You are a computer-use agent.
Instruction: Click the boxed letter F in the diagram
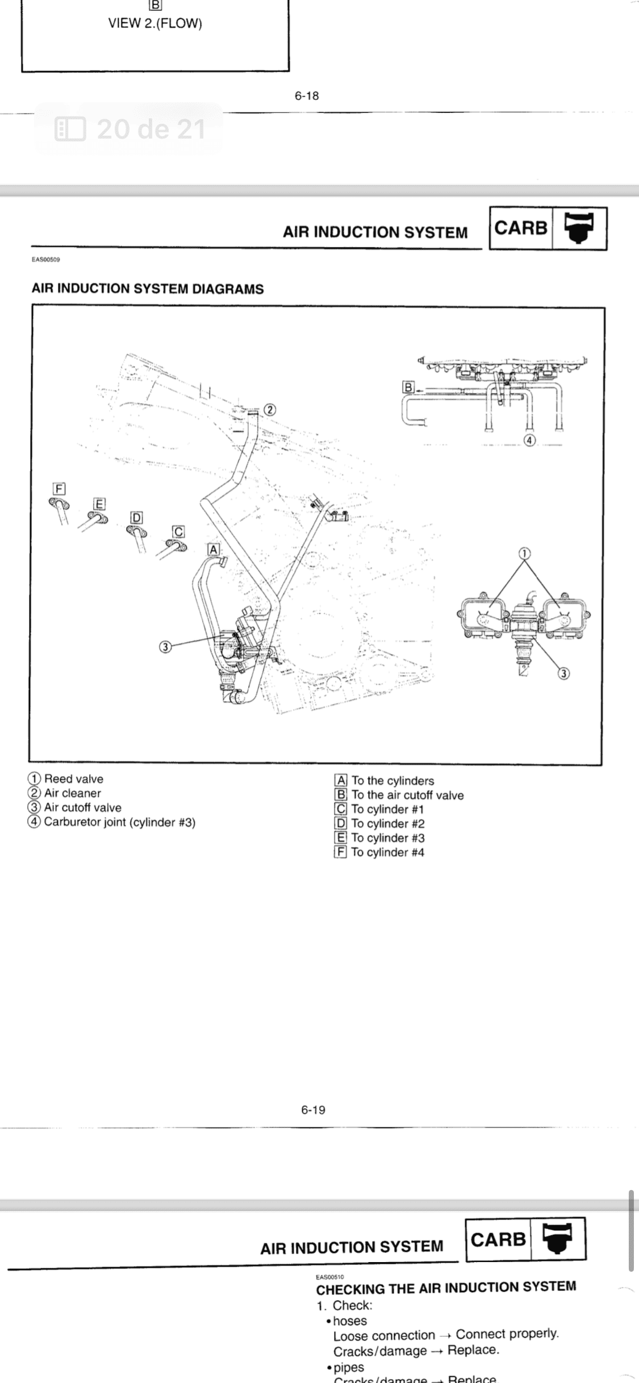pyautogui.click(x=59, y=489)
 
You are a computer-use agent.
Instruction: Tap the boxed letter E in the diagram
pyautogui.click(x=100, y=504)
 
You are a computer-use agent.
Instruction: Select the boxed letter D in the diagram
pyautogui.click(x=137, y=518)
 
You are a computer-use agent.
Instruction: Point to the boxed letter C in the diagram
pyautogui.click(x=178, y=532)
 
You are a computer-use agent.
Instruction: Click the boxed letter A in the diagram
pyautogui.click(x=214, y=550)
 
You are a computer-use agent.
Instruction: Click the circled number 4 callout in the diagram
pyautogui.click(x=529, y=440)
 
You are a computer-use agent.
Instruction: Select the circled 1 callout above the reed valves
pyautogui.click(x=525, y=553)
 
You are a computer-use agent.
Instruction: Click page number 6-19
pyautogui.click(x=313, y=1109)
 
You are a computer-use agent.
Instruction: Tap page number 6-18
pyautogui.click(x=307, y=96)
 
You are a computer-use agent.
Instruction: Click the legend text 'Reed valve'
pyautogui.click(x=73, y=779)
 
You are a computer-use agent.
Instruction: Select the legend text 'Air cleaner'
pyautogui.click(x=72, y=793)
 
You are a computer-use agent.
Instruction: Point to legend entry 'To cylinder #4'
pyautogui.click(x=387, y=852)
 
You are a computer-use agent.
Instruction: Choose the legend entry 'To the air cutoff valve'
pyautogui.click(x=407, y=795)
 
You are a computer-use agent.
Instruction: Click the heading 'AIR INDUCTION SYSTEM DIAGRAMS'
pyautogui.click(x=148, y=289)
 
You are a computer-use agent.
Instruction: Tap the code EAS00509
pyautogui.click(x=46, y=259)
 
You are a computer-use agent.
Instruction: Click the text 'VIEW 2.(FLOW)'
pyautogui.click(x=155, y=23)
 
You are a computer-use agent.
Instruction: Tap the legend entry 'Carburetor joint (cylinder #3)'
pyautogui.click(x=119, y=822)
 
